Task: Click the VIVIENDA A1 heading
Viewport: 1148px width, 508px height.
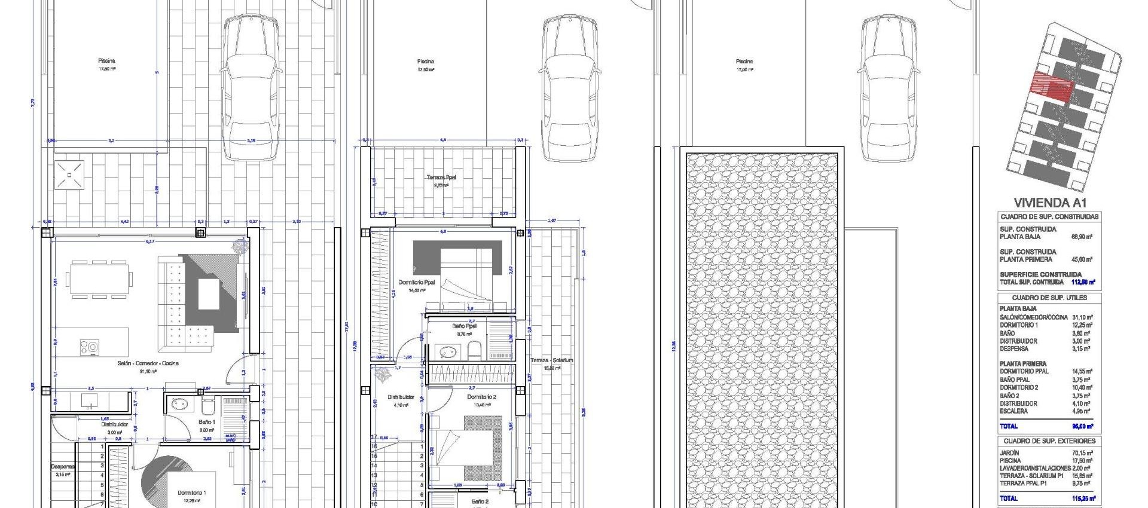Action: [x=1049, y=203]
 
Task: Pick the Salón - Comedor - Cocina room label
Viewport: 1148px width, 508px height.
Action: [x=148, y=363]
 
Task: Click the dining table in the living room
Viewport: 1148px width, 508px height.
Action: [x=99, y=279]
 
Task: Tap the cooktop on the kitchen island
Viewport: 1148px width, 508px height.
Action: [x=90, y=347]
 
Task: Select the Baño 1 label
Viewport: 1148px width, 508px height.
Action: [x=206, y=422]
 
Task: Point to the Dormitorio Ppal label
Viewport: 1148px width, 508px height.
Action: [x=417, y=282]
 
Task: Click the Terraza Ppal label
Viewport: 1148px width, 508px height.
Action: [x=441, y=178]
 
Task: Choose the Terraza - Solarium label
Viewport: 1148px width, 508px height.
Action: [x=552, y=360]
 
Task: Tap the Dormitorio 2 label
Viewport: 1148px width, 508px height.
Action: [x=481, y=397]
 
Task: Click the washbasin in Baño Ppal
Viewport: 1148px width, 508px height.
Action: [x=444, y=351]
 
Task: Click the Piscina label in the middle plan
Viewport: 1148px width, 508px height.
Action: [x=426, y=62]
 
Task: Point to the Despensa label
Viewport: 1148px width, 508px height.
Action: [x=62, y=467]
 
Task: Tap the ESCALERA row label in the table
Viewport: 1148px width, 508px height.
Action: [x=1013, y=411]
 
